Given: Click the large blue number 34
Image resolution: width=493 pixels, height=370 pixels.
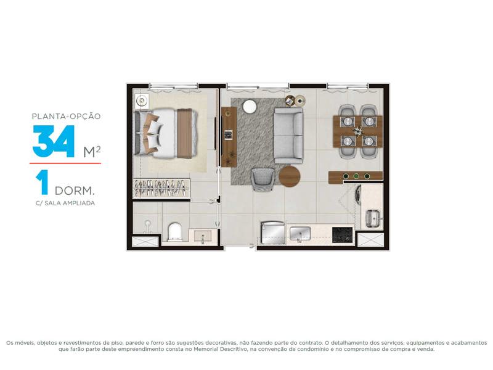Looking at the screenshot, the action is point(54,141).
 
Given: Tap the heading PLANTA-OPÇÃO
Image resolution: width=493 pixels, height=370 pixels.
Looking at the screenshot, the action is point(67,117).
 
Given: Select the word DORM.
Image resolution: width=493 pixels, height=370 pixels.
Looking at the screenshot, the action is point(75,191).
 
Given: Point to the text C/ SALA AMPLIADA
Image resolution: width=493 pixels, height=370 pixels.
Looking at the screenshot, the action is point(65,203).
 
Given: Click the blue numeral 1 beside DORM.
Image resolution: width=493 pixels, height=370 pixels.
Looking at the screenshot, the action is point(42,182).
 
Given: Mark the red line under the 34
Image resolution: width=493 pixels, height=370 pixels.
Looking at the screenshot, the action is point(65,163).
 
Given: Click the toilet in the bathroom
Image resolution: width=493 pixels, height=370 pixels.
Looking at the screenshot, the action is point(174,232).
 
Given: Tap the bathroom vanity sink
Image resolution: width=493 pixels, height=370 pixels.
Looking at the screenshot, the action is point(203,237).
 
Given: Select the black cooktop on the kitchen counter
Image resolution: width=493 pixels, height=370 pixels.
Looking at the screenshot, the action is point(342,235).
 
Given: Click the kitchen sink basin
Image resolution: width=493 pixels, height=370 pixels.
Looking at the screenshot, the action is point(300,234).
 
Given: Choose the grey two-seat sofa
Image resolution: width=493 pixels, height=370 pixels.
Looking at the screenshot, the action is point(288,136).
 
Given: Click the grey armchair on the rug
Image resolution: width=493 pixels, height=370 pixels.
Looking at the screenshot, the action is point(263,179).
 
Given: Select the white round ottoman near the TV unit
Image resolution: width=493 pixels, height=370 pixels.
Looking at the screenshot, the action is point(250,106).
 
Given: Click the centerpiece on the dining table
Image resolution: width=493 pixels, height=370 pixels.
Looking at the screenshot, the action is point(358,131).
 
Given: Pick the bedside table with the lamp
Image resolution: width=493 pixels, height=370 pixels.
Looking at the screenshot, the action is point(142,101).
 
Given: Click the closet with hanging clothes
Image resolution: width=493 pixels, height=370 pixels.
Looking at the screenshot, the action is point(161,189).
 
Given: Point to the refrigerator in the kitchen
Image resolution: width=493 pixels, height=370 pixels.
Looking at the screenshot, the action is point(272,233).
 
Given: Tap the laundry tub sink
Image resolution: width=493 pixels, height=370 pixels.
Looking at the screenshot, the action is point(373,218).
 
